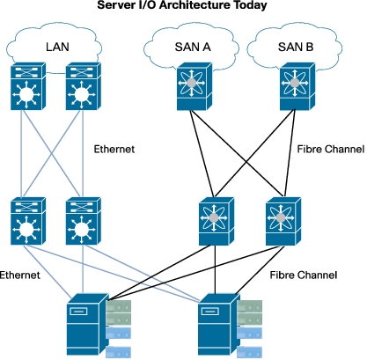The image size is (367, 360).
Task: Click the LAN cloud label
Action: pos(57,47)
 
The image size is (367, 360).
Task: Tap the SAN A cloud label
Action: pos(193,47)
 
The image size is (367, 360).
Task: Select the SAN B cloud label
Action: pos(296,47)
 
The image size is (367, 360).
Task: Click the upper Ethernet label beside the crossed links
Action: pos(114,149)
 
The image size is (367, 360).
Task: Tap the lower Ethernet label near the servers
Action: pos(19,276)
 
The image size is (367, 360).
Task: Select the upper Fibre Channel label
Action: pos(331,149)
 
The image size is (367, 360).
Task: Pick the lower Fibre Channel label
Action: pos(304,276)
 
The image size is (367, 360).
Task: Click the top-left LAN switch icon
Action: pos(28,86)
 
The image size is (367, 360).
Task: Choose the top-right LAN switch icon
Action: pos(84,86)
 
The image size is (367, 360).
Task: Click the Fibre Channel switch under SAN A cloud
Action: pos(195,86)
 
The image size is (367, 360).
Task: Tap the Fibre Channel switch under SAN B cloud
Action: pos(297,86)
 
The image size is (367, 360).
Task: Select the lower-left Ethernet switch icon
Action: pos(28,221)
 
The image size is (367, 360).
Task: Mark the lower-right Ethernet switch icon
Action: pos(84,221)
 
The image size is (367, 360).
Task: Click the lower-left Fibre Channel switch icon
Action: pos(217,221)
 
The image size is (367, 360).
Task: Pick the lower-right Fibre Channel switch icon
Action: pos(283,221)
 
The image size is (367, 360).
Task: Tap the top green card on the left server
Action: pos(119,306)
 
